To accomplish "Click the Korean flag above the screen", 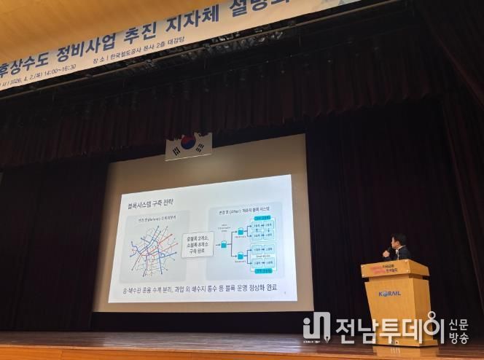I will [x=188, y=146].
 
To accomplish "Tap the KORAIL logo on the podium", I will [x=390, y=294].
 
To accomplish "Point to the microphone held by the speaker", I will [x=387, y=251].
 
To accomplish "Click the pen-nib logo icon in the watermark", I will [x=317, y=328].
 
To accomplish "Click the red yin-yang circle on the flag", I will [x=188, y=144].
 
